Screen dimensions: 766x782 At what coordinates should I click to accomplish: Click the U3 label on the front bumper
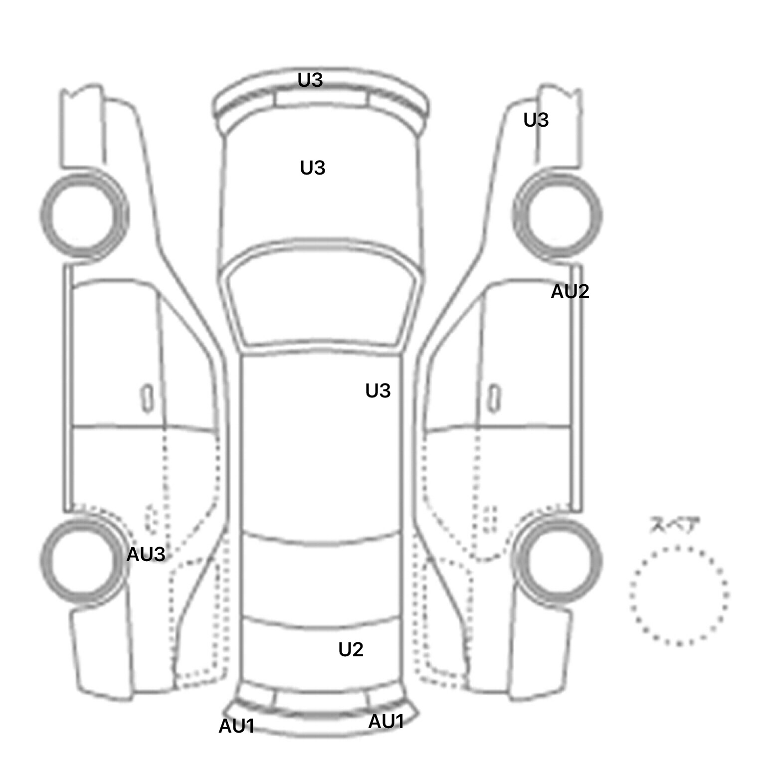click(x=310, y=80)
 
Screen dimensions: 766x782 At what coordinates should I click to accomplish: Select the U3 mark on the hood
click(x=313, y=168)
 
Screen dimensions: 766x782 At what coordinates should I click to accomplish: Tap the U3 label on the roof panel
click(x=378, y=391)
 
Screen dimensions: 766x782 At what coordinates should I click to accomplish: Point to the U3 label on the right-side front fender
click(x=536, y=120)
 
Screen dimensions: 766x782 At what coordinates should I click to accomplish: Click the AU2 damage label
click(x=570, y=291)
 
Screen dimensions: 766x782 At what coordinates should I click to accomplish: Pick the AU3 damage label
click(x=146, y=554)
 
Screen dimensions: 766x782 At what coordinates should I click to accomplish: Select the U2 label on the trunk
click(x=351, y=649)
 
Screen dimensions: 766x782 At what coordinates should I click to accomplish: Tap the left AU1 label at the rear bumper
click(x=237, y=726)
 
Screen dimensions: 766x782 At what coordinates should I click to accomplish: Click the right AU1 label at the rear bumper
click(x=386, y=721)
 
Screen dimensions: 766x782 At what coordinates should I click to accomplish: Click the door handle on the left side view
click(x=147, y=398)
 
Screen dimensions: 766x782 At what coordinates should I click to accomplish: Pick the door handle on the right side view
click(x=494, y=398)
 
